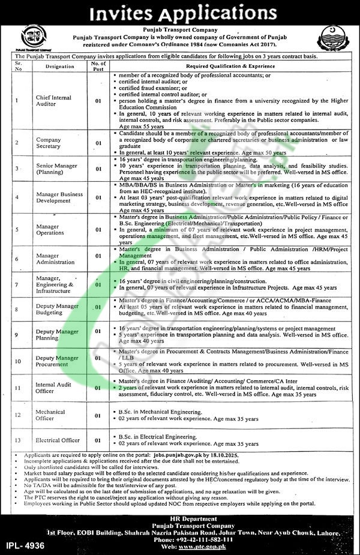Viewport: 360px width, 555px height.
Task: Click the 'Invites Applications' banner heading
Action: click(180, 13)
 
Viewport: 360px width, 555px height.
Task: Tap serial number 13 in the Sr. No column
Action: click(18, 440)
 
